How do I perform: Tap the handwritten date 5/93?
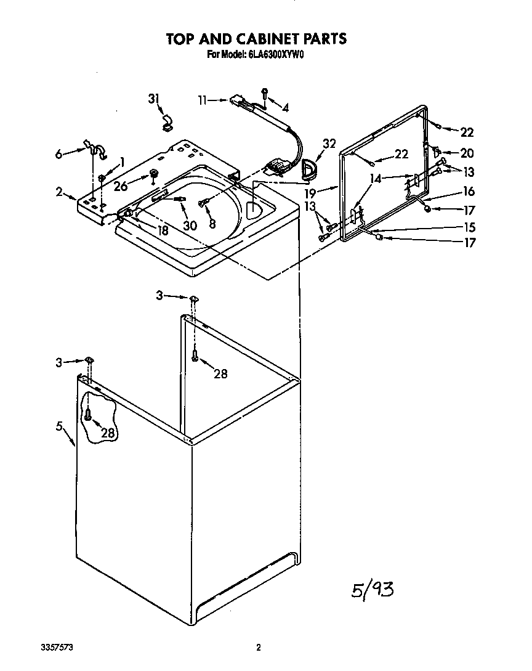(x=372, y=589)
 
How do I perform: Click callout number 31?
(x=153, y=99)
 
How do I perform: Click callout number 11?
(x=203, y=99)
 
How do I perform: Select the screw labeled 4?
(x=265, y=94)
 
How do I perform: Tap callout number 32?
(x=329, y=144)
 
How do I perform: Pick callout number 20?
(x=467, y=153)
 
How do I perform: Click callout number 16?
(x=469, y=192)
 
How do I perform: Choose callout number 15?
(x=469, y=226)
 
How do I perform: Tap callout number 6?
(x=59, y=154)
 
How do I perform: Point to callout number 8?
(x=212, y=224)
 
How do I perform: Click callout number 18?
(x=163, y=230)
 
